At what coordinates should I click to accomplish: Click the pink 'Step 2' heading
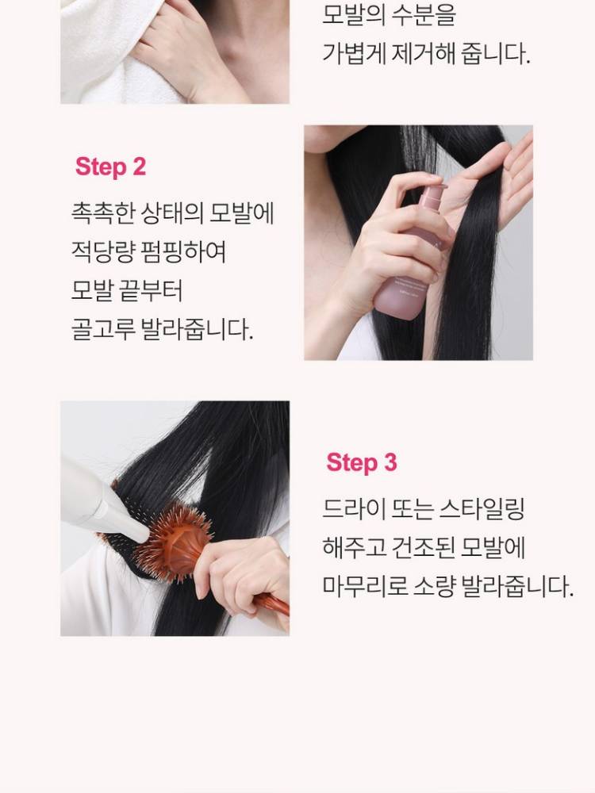110,167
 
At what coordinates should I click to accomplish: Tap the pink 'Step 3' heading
362,462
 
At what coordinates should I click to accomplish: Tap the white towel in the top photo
111,51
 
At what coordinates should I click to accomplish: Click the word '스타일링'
482,508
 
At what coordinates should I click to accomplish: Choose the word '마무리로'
365,586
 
